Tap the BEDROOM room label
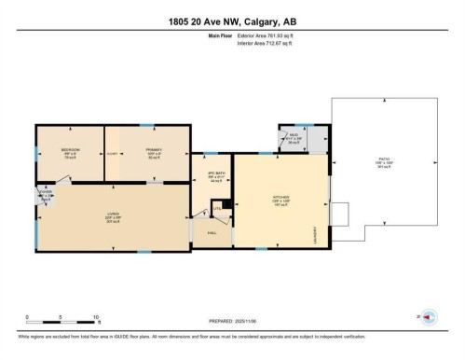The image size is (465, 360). [x=70, y=150]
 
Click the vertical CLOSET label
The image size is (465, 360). [x=112, y=154]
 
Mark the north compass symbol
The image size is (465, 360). [x=429, y=317]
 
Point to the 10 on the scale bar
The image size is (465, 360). [x=97, y=318]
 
